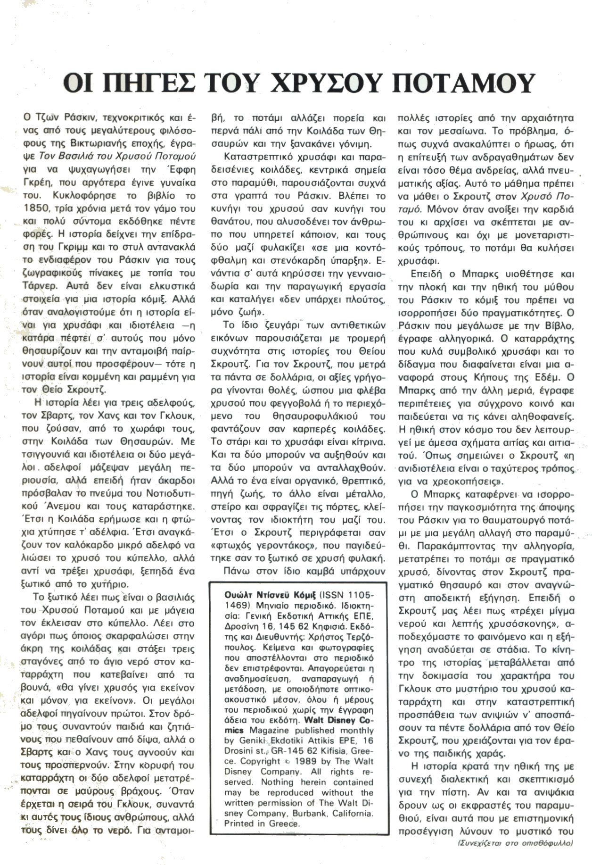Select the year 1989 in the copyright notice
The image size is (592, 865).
(307, 761)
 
